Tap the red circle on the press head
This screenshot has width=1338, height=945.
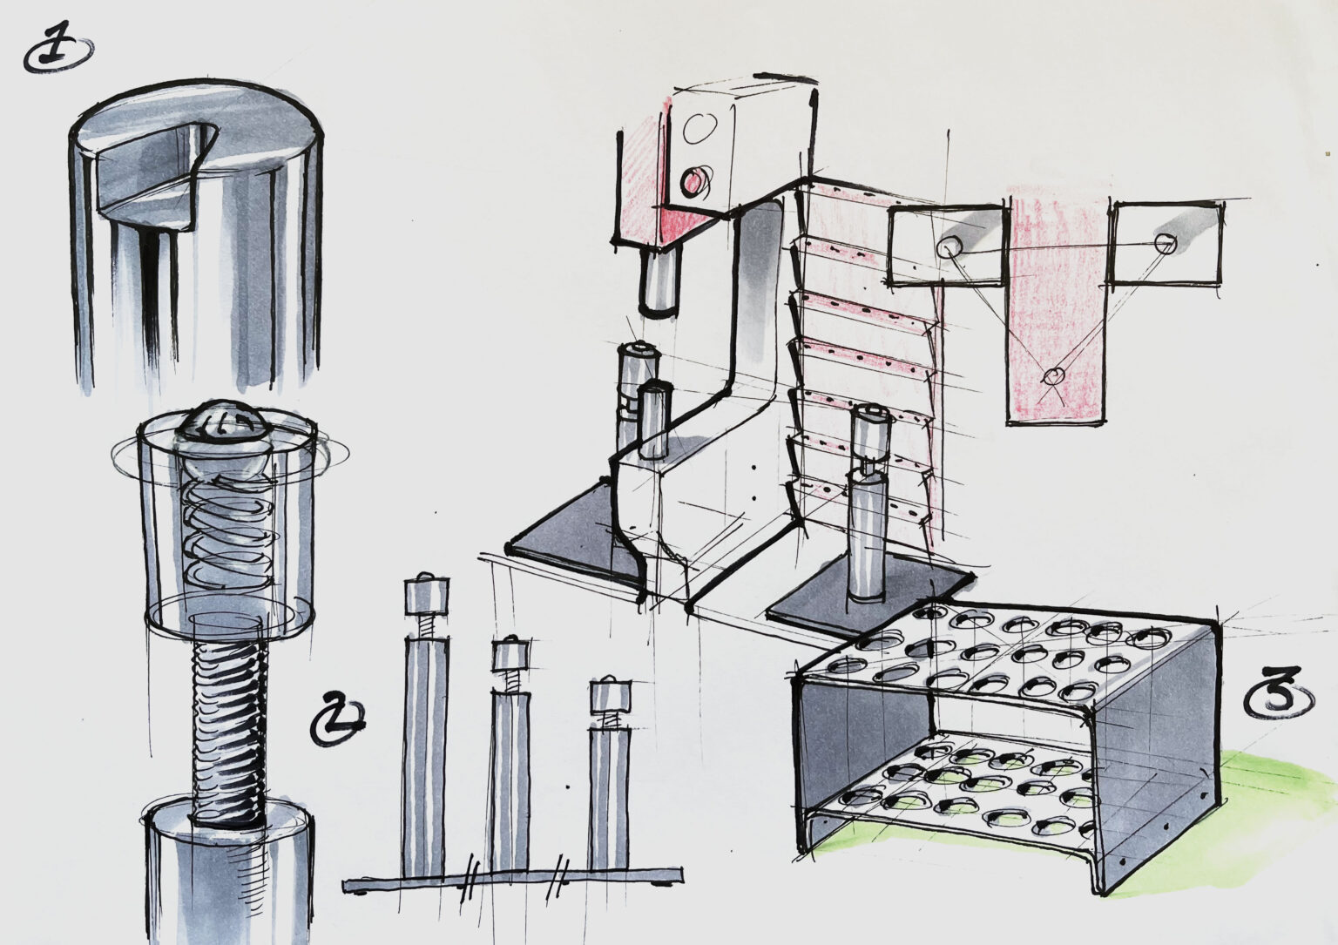(695, 181)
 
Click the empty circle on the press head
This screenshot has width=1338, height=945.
(699, 130)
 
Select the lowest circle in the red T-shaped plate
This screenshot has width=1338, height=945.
(1053, 376)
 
